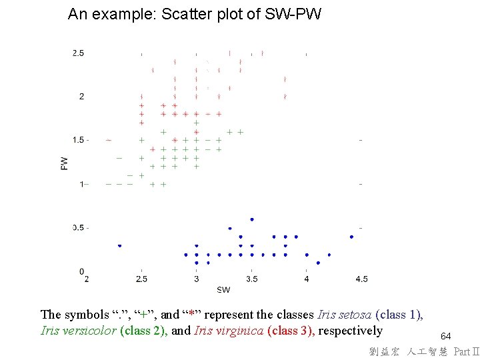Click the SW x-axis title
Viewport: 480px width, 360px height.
pos(223,289)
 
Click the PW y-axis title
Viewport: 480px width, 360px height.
pos(64,162)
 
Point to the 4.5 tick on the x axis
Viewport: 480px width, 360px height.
pos(361,279)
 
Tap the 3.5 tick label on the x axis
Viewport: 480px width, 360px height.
pos(251,279)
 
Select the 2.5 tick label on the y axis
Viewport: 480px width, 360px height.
pos(78,53)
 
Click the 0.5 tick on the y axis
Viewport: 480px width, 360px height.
pos(80,228)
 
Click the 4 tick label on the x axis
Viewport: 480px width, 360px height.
pos(306,279)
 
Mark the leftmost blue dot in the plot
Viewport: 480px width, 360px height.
pos(119,245)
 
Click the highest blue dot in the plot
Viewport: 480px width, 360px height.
pos(251,219)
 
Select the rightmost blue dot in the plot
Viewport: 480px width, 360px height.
pos(351,237)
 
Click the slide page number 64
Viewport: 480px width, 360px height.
pos(445,337)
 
